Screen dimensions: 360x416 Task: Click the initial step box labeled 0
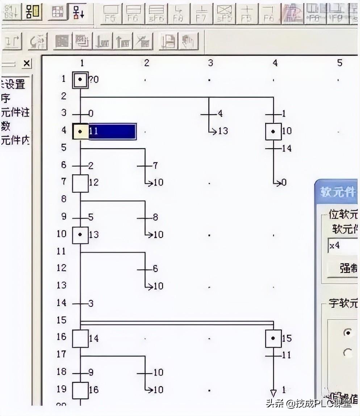pyautogui.click(x=80, y=79)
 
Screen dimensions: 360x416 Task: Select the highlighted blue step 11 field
pyautogui.click(x=112, y=131)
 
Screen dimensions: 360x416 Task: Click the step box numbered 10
pyautogui.click(x=273, y=131)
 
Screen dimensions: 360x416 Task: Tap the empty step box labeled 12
pyautogui.click(x=80, y=183)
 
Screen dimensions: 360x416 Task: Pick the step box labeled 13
pyautogui.click(x=80, y=235)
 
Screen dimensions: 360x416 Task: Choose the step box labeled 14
pyautogui.click(x=80, y=339)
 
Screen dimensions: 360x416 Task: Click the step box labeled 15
pyautogui.click(x=273, y=339)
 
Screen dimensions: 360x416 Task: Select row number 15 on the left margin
pyautogui.click(x=62, y=320)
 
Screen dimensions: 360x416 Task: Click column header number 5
pyautogui.click(x=339, y=63)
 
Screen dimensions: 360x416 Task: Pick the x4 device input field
pyautogui.click(x=342, y=247)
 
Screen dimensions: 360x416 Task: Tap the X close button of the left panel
pyautogui.click(x=26, y=64)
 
